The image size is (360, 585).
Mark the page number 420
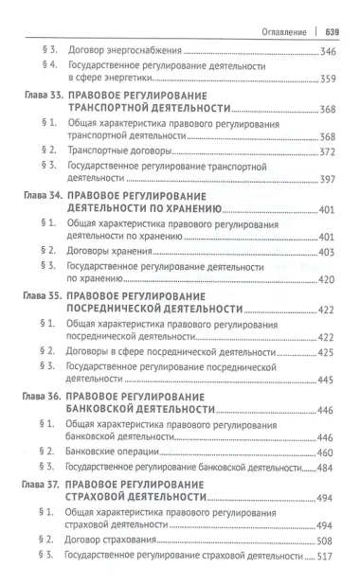[327, 280]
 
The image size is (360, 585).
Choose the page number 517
[327, 556]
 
